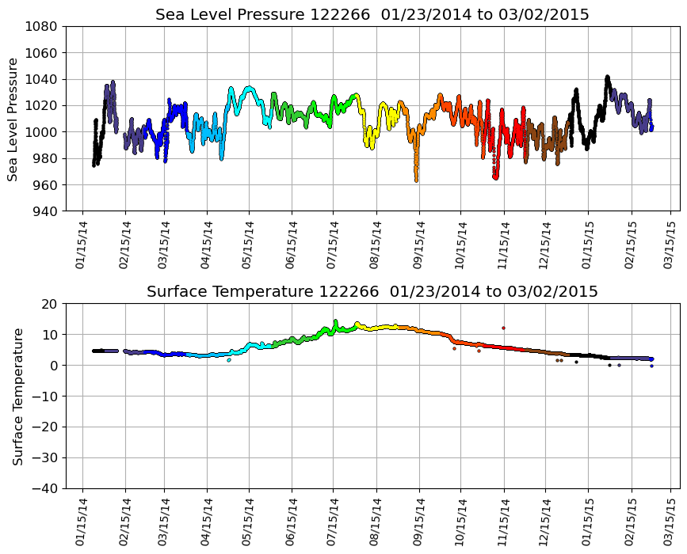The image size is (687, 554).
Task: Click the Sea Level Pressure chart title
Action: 372,15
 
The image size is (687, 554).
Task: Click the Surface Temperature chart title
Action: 372,292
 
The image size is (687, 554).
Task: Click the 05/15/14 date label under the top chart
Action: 248,245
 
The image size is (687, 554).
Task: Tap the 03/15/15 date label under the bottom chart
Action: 670,522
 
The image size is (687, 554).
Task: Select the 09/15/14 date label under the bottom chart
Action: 418,522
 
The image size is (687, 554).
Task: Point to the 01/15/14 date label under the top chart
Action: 82,245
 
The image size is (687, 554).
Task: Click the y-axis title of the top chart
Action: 13,119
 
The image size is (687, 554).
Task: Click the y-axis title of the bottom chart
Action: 17,396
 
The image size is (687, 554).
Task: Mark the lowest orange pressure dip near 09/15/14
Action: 416,180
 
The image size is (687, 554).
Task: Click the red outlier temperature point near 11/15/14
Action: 503,328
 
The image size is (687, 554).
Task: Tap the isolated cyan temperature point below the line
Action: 229,360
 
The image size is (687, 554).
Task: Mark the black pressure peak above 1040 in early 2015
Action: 607,78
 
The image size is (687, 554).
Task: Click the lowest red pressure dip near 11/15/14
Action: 495,177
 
